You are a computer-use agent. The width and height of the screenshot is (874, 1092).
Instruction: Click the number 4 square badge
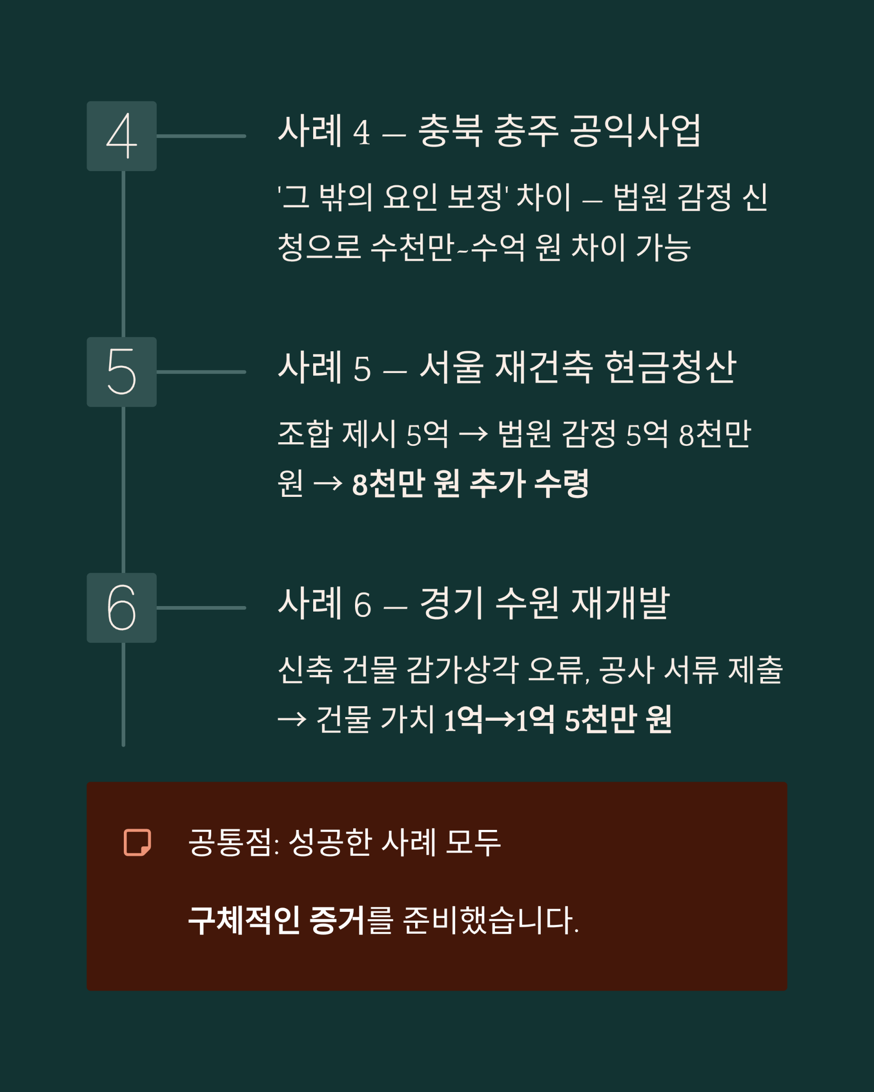point(122,136)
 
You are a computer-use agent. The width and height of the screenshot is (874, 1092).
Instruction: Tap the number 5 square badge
point(122,372)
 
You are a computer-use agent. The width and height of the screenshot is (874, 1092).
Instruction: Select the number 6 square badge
point(122,608)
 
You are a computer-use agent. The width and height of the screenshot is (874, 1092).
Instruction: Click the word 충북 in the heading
point(449,131)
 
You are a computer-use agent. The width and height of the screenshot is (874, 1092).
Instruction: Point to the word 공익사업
point(635,131)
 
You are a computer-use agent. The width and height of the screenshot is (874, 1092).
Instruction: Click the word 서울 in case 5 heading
point(451,367)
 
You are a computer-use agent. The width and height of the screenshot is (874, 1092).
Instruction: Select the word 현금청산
point(670,367)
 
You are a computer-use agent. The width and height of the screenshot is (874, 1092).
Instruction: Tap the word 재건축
point(543,367)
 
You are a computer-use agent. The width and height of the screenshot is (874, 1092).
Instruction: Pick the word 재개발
point(620,603)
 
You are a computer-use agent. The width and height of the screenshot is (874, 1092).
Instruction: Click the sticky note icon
point(137,843)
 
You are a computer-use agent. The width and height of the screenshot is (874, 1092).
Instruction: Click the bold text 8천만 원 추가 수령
point(470,484)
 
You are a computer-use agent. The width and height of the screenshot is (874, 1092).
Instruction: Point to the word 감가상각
point(462,670)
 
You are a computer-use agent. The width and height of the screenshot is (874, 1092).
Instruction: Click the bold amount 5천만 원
point(618,719)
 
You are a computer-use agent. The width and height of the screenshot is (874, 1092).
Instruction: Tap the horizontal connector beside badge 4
point(201,136)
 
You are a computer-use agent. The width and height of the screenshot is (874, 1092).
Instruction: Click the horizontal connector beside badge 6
point(201,608)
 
